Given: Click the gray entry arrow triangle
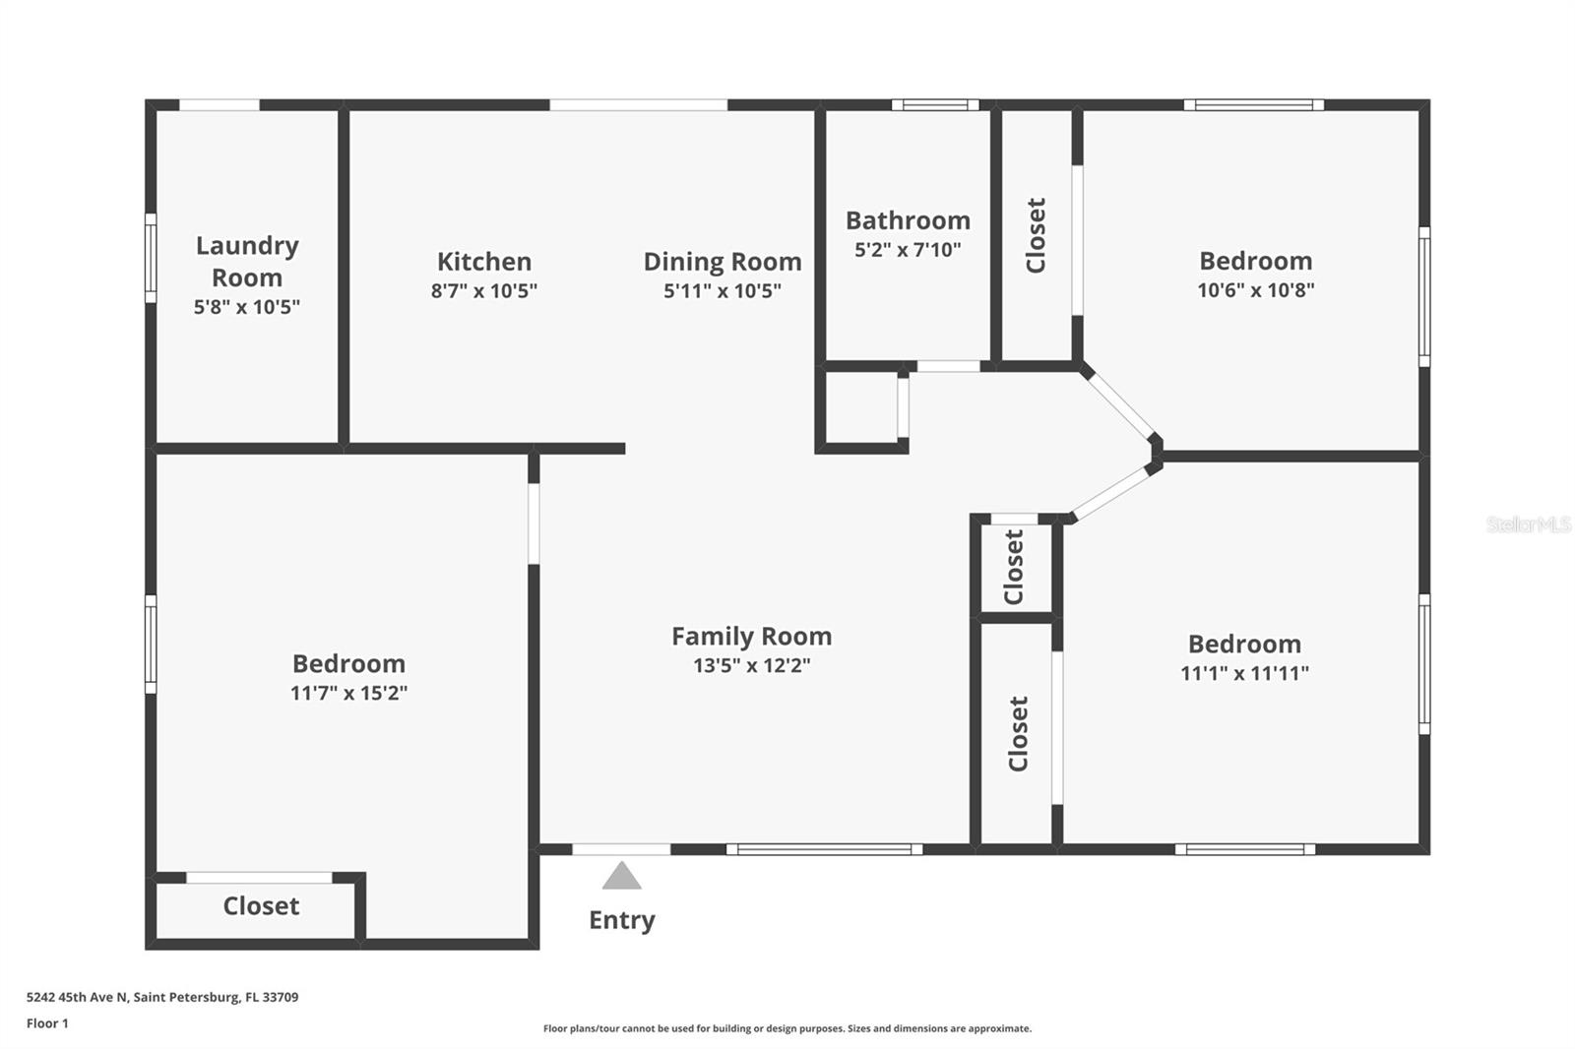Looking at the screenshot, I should click(621, 876).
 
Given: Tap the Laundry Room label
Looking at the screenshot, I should click(247, 261).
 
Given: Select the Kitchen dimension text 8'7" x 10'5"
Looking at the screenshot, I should click(483, 290).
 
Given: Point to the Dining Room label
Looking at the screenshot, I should click(722, 262).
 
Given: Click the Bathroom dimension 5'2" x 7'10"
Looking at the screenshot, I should click(907, 250).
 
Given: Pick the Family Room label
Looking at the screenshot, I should click(751, 637).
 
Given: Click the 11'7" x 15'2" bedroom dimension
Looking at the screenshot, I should click(348, 693).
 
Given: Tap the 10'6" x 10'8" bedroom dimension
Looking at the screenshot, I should click(1255, 290).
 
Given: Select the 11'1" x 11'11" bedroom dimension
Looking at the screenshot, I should click(1244, 673).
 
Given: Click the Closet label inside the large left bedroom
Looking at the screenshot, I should click(261, 906).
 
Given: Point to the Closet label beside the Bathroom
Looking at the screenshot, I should click(1036, 236).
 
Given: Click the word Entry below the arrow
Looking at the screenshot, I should click(621, 920).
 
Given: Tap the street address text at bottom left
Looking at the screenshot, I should click(162, 997).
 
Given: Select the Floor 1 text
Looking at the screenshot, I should click(47, 1023).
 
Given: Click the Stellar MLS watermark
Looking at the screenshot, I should click(1528, 524).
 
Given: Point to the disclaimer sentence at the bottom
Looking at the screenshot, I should click(787, 1028).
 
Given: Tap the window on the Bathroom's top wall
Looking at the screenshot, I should click(935, 105).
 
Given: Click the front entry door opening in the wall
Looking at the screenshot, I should click(621, 849).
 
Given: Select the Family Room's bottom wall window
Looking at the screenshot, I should click(825, 849).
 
